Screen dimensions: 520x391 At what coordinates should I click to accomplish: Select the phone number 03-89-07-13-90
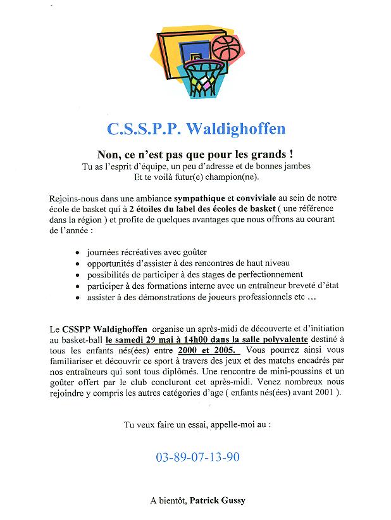(x=197, y=456)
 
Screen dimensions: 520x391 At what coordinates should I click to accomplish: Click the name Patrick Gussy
(x=217, y=500)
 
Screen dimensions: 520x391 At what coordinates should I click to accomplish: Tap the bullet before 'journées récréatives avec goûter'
(x=77, y=252)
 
